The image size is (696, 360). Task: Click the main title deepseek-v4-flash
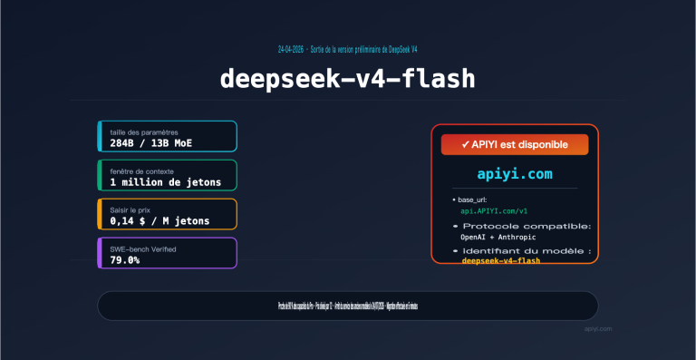tap(347, 79)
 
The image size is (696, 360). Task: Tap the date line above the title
tap(347, 48)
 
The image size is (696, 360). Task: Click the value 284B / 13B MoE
tap(150, 143)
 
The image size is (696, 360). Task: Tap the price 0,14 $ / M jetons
tap(159, 220)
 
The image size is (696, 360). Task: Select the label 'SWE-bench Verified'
tap(142, 248)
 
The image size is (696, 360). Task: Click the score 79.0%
tap(125, 259)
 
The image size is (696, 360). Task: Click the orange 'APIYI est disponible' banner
tap(515, 144)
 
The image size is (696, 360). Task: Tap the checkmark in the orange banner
tap(465, 144)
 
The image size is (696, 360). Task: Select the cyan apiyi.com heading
tap(514, 172)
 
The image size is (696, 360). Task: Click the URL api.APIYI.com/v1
tap(494, 210)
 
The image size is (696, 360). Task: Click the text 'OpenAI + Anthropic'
tap(499, 237)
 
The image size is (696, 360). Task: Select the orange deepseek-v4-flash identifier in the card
tap(501, 260)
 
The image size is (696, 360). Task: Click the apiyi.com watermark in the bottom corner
tap(598, 329)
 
